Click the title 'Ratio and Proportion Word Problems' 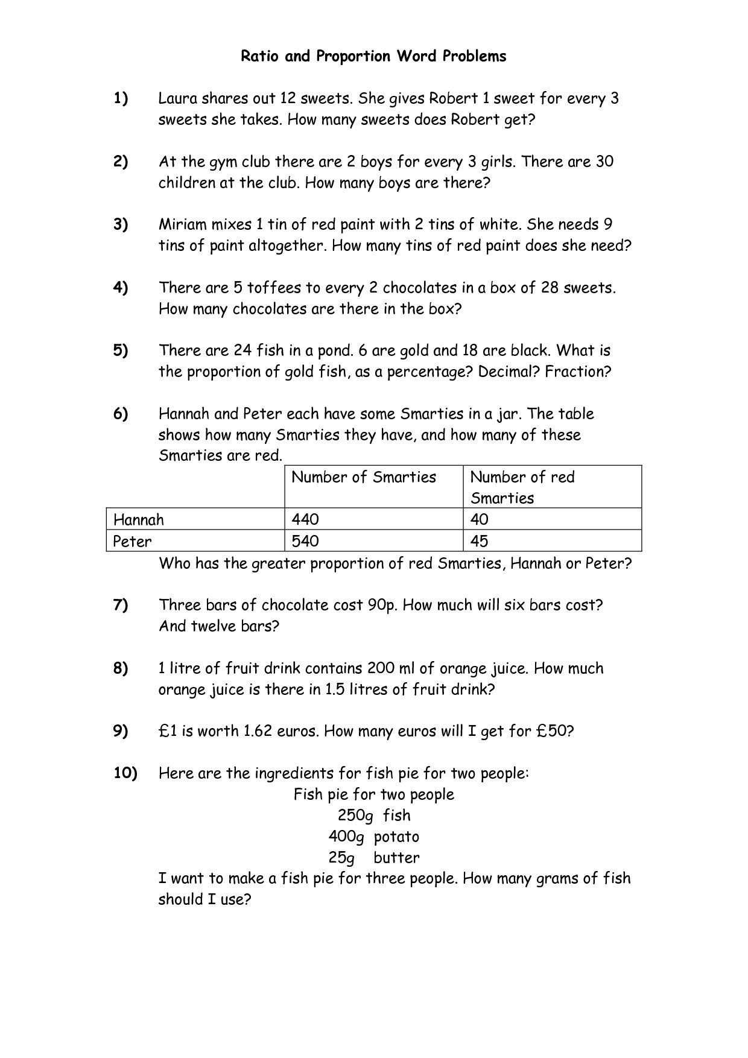[373, 57]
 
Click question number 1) [121, 98]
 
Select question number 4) [121, 288]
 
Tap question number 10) [125, 773]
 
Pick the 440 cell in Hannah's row [305, 519]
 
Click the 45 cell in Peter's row [479, 541]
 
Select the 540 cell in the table [305, 541]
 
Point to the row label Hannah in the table [139, 519]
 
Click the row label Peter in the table [133, 541]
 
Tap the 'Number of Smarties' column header [364, 477]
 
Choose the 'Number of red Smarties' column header [522, 487]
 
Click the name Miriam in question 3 [182, 225]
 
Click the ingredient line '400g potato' [374, 837]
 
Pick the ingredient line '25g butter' [374, 858]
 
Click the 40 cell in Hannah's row [479, 519]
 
